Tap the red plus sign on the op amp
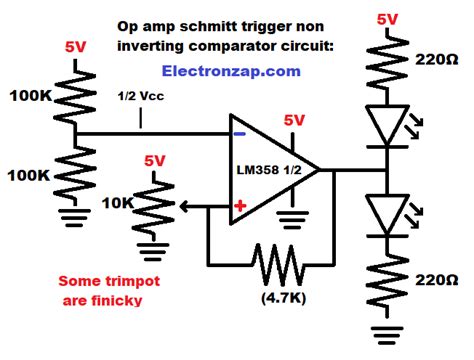tap(240, 206)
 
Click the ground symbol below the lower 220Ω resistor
tap(387, 332)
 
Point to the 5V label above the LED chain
tap(387, 17)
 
